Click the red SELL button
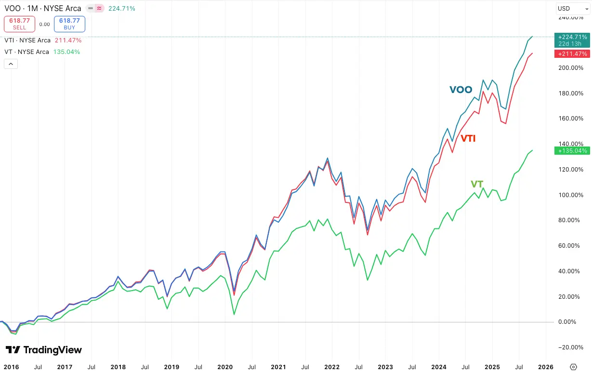[x=19, y=24]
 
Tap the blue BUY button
[x=69, y=24]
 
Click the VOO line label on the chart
[x=460, y=90]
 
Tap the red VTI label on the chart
[x=468, y=138]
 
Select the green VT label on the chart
[x=477, y=184]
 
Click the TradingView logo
[x=43, y=350]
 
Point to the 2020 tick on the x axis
[x=225, y=367]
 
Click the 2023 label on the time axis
[x=385, y=367]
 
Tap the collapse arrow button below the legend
[x=11, y=64]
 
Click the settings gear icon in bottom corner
[x=573, y=367]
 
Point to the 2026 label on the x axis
[x=545, y=367]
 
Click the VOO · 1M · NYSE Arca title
[x=42, y=8]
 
